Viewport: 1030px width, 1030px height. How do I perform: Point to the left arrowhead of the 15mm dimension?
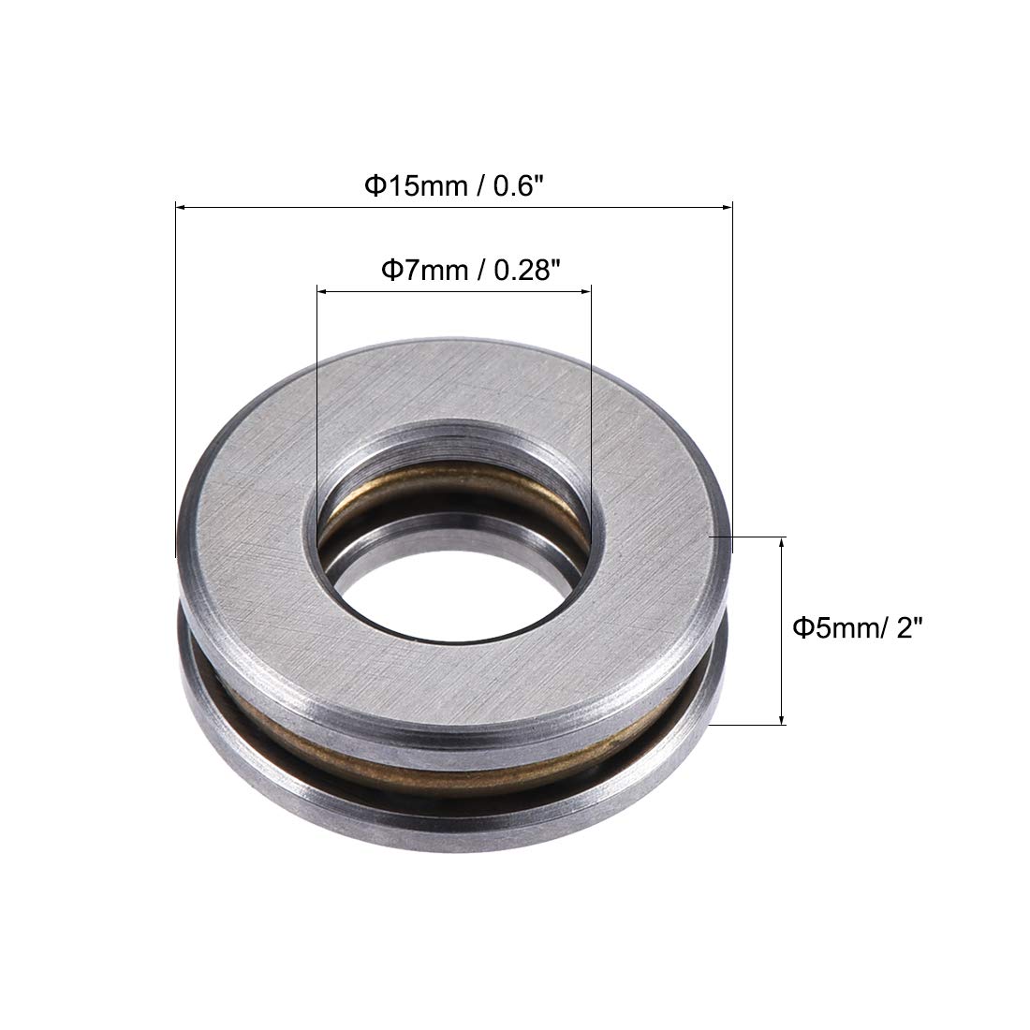click(182, 206)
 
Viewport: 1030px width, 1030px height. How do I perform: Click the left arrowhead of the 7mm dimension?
click(322, 292)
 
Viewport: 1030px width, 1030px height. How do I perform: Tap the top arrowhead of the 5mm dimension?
click(782, 543)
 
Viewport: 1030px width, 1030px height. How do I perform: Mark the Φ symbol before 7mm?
click(388, 272)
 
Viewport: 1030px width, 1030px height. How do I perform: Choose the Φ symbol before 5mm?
click(802, 628)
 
